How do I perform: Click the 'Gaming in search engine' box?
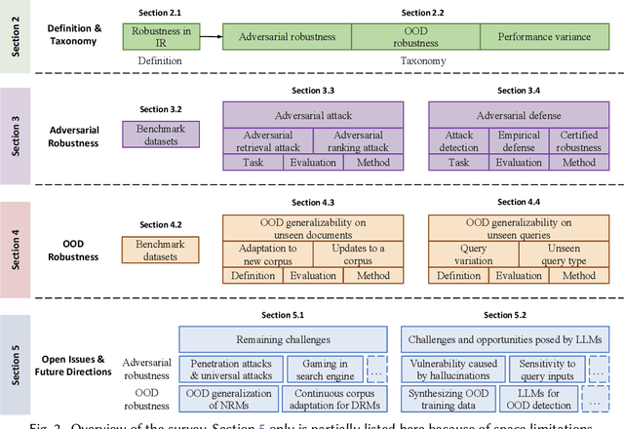point(324,370)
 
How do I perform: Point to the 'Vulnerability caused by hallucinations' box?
point(455,370)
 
